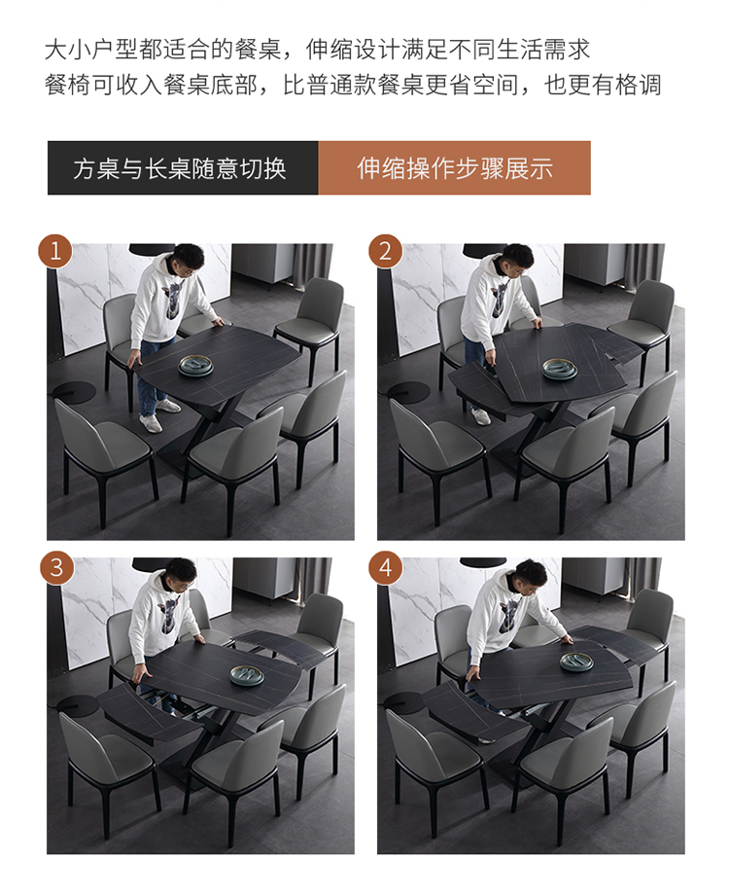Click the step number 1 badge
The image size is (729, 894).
[55, 251]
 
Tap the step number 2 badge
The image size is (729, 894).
[385, 251]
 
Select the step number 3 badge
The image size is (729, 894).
[57, 567]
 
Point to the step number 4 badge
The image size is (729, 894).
[386, 567]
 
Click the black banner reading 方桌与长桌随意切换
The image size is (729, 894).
[183, 168]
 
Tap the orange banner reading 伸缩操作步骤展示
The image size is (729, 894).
[455, 168]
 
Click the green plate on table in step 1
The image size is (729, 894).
[195, 366]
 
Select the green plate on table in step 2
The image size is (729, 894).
[559, 369]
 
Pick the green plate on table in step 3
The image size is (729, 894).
[247, 675]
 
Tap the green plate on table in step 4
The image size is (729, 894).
[576, 662]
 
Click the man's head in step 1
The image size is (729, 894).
[188, 260]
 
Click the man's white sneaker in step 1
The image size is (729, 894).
[151, 423]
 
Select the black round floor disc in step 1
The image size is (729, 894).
[74, 392]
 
